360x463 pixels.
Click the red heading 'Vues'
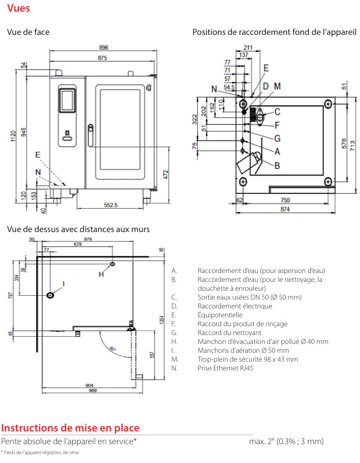(x=19, y=8)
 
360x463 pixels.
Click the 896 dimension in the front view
(x=104, y=47)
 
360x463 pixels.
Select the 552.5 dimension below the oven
(x=111, y=205)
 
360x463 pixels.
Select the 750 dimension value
(x=284, y=200)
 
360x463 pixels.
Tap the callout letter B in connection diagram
(x=277, y=165)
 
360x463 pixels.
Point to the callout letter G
(x=277, y=138)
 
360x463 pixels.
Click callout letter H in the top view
(x=101, y=274)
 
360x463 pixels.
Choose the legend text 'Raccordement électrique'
(x=235, y=306)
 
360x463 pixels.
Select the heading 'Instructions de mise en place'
(x=70, y=428)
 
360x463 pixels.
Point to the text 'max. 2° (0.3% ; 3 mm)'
(x=286, y=441)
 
